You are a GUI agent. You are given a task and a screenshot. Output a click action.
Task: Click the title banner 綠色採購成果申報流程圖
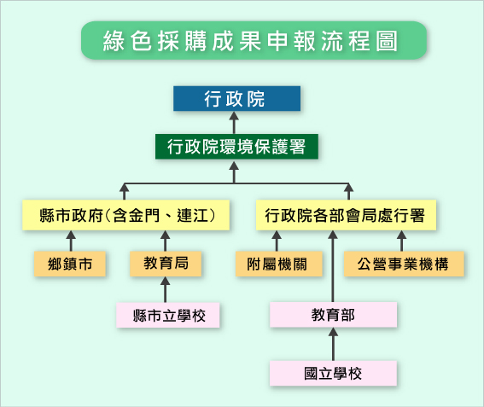[254, 40]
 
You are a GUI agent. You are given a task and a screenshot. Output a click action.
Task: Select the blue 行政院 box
[236, 98]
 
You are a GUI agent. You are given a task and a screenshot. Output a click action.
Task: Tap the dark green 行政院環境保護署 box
[236, 147]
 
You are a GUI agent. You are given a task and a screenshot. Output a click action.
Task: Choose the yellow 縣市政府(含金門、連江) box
[126, 215]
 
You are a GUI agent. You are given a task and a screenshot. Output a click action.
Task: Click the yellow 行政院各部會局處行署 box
[346, 215]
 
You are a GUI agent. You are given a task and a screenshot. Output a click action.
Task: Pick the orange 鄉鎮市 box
[70, 264]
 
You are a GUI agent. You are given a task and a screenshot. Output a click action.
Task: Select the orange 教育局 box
[166, 264]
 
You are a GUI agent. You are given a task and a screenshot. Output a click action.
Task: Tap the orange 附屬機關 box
[279, 264]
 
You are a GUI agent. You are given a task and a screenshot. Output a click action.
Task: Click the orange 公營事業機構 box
[404, 264]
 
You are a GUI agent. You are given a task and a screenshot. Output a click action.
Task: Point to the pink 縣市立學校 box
[168, 315]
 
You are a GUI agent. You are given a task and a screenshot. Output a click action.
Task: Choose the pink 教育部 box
[334, 315]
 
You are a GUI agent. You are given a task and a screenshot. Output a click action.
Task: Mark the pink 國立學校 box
[334, 374]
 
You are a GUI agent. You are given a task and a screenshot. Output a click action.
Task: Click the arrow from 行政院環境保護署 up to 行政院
[234, 123]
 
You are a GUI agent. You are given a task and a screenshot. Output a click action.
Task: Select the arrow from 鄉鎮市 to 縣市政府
[71, 241]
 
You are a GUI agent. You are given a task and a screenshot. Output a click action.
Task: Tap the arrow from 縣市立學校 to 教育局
[166, 289]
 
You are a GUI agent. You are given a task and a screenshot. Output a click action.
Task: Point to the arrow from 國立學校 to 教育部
[333, 344]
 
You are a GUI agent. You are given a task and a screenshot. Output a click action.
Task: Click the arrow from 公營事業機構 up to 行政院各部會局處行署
[401, 241]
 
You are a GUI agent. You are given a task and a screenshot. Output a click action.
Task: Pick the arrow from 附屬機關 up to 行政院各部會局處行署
[277, 241]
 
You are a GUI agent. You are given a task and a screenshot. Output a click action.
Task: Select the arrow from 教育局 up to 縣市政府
[166, 241]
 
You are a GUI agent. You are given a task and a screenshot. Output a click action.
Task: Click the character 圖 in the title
[387, 41]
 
